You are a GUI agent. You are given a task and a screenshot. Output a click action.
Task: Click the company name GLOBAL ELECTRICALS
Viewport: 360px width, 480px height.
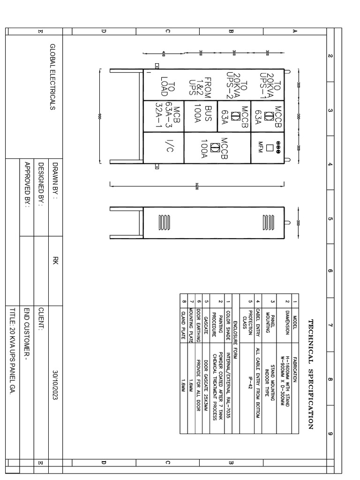tap(52, 77)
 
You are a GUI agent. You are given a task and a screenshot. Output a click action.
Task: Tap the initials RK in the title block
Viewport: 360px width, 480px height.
tap(55, 261)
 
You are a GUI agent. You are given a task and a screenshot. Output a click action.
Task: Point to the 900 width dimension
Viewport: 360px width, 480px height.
tap(100, 117)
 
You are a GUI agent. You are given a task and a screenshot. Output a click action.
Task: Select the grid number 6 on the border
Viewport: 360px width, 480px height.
tap(330, 270)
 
